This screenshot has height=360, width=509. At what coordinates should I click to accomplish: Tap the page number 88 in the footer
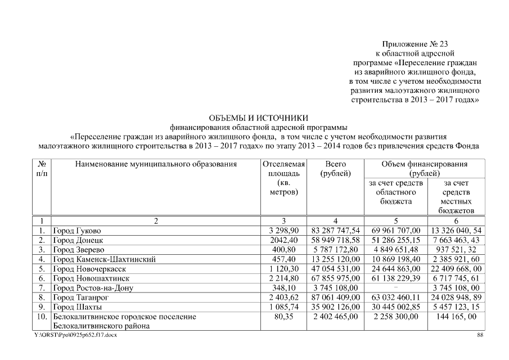tap(480, 335)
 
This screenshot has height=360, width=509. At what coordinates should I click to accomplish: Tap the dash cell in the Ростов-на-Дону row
tap(396, 288)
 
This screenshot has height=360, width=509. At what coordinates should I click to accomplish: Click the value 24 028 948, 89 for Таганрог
tap(454, 298)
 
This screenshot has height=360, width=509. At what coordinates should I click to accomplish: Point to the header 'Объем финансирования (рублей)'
tap(424, 169)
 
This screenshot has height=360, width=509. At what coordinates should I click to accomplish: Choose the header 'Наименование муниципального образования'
tap(155, 164)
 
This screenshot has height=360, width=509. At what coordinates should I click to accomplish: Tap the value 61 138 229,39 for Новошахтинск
tap(396, 278)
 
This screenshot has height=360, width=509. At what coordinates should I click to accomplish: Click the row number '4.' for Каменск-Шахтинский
tap(42, 259)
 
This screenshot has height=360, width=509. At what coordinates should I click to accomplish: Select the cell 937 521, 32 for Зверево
tap(454, 250)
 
